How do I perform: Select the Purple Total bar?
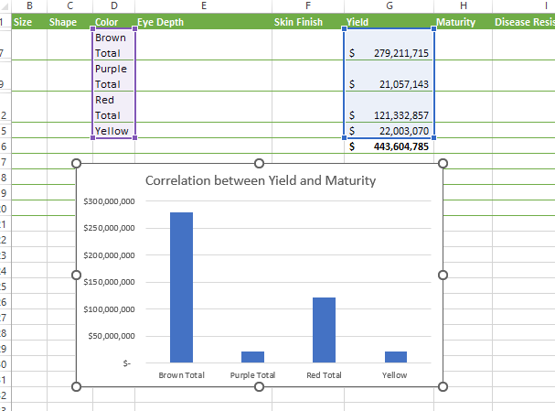pyautogui.click(x=252, y=357)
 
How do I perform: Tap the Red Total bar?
pyautogui.click(x=324, y=330)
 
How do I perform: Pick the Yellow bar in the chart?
pyautogui.click(x=395, y=357)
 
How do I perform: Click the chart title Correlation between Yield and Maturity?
pyautogui.click(x=261, y=181)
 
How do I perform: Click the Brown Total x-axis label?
pyautogui.click(x=182, y=375)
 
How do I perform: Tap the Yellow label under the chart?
pyautogui.click(x=395, y=375)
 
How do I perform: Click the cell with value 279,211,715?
pyautogui.click(x=389, y=54)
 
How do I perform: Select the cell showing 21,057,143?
pyautogui.click(x=389, y=84)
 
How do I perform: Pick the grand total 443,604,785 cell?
pyautogui.click(x=389, y=146)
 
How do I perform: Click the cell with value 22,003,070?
pyautogui.click(x=389, y=131)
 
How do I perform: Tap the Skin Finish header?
pyautogui.click(x=298, y=22)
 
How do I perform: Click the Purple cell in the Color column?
pyautogui.click(x=111, y=69)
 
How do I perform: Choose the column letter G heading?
pyautogui.click(x=389, y=6)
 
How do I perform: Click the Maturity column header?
pyautogui.click(x=456, y=22)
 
